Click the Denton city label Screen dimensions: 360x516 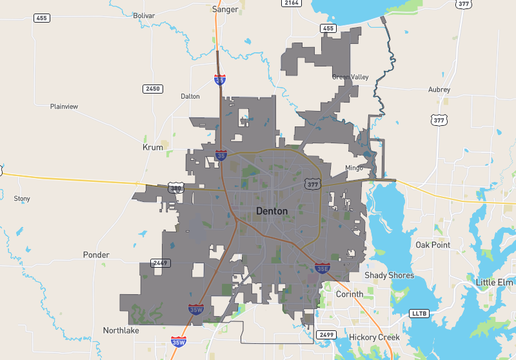coord(272,211)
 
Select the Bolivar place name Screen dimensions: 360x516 coord(144,16)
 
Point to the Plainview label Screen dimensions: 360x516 coord(64,106)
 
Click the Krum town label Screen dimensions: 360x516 coord(153,146)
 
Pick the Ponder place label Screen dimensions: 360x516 coord(96,255)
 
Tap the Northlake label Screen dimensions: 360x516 coord(122,330)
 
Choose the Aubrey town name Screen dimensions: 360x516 coord(439,90)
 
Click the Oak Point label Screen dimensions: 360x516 coord(433,245)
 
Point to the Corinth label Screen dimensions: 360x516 coord(349,295)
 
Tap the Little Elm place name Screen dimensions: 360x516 coord(494,283)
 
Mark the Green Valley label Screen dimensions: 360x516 coord(350,77)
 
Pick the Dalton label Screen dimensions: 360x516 coord(190,97)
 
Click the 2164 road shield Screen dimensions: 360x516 coord(291,4)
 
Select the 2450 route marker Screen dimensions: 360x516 coord(152,89)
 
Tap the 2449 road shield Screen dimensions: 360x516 coord(161,263)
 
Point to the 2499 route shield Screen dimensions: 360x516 coord(326,334)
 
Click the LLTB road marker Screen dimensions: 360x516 coord(418,313)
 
